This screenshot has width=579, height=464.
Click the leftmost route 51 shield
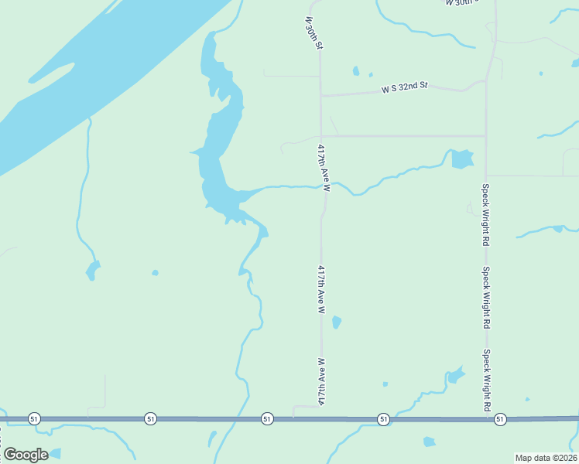coord(33,418)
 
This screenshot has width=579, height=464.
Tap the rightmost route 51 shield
coord(500,418)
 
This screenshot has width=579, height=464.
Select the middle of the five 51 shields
coord(267,418)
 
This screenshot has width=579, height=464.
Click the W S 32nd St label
coord(404,88)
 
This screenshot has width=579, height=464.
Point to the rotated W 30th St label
coord(313,32)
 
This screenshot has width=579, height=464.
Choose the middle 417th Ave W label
coord(320,289)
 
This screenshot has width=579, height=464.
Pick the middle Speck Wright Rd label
coord(486,296)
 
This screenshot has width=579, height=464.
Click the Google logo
coord(26,454)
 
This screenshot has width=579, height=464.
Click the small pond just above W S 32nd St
coord(356,72)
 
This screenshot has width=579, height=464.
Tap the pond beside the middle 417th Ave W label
coord(336,322)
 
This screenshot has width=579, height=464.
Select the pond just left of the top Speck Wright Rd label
coord(461,159)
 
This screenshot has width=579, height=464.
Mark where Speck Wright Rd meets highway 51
coord(486,418)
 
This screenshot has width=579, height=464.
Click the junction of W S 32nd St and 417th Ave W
coord(321,96)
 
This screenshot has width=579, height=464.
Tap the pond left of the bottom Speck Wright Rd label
coord(455,377)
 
